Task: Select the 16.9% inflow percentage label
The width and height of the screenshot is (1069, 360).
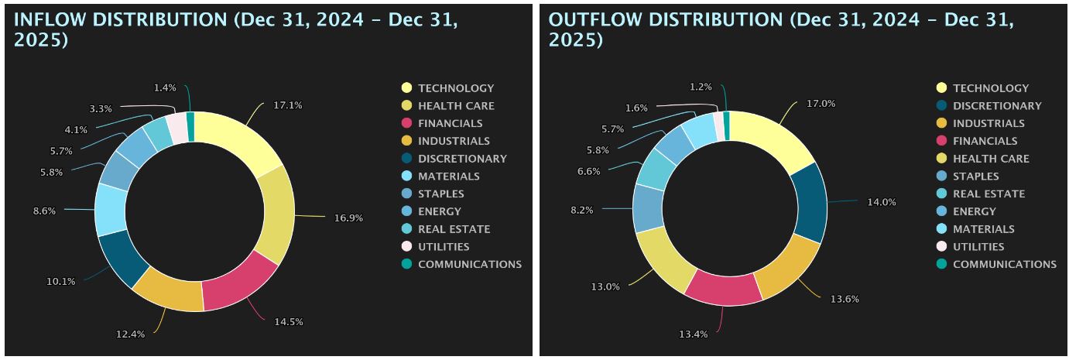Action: (x=348, y=218)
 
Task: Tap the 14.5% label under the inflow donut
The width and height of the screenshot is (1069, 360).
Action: (x=285, y=321)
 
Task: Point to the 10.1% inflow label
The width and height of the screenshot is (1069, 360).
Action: (x=61, y=282)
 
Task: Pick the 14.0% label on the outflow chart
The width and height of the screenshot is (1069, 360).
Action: (x=882, y=202)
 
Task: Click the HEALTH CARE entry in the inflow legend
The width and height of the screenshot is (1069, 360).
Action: (x=456, y=106)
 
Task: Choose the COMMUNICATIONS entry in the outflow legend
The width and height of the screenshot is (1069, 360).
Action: (x=1004, y=264)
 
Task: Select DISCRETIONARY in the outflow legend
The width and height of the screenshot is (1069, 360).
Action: (x=997, y=106)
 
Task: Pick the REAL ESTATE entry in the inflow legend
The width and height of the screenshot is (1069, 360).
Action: (x=454, y=229)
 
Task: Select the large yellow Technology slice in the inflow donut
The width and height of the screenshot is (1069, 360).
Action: (x=240, y=144)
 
